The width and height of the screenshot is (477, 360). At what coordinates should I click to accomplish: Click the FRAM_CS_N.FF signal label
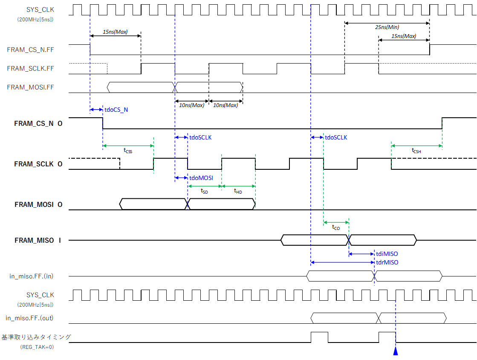pos(30,49)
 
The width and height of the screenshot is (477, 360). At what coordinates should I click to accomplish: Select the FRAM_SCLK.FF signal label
pos(30,69)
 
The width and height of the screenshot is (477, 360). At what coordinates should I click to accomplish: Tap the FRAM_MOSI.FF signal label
pos(30,87)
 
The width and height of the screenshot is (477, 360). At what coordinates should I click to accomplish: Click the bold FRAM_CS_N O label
pos(38,124)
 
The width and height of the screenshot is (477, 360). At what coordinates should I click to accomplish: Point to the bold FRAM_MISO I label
pos(38,241)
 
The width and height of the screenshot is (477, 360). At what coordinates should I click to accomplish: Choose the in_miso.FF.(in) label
pos(32,276)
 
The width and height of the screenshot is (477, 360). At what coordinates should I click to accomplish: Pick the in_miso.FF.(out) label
pos(29,318)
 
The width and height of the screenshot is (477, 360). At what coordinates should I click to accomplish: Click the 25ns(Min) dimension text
pos(387,27)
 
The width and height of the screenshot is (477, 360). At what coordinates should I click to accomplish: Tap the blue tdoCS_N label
pos(116,110)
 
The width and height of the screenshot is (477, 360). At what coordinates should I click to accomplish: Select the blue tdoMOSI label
pos(201,178)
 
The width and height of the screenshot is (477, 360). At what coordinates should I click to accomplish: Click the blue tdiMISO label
pos(387,254)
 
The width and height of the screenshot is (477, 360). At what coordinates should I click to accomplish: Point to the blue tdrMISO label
pos(387,262)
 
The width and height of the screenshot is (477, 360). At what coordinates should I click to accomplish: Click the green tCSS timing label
pos(128,151)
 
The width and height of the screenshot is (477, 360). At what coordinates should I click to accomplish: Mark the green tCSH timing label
pos(416,151)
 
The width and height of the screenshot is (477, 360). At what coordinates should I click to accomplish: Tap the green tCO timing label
pos(336,227)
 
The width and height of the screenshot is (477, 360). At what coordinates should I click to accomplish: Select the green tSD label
pos(204,191)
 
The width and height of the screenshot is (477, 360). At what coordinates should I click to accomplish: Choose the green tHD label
pos(238,191)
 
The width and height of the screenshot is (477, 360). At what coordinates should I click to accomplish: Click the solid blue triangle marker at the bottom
pos(396,351)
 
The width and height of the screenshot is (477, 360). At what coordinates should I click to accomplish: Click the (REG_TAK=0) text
pos(37,347)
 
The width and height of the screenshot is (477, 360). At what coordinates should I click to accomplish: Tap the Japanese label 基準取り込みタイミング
pos(36,337)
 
